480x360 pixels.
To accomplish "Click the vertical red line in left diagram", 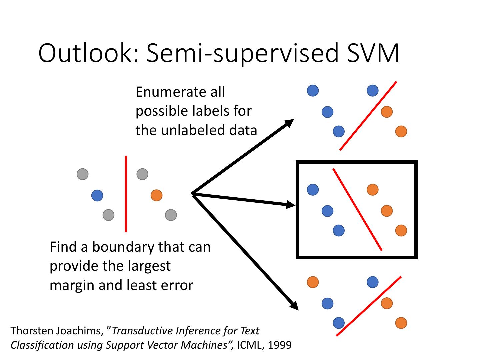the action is tap(126, 193).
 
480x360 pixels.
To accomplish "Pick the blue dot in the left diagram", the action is tap(97, 195).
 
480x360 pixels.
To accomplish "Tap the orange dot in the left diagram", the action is tap(156, 195).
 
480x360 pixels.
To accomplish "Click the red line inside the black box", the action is tap(357, 209).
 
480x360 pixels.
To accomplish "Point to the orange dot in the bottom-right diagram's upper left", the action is tap(313, 282).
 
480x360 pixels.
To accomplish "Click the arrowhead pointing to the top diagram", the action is tap(289, 123).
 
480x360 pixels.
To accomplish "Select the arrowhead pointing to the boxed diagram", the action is tap(291, 205).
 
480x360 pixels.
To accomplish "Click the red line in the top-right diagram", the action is tap(368, 116).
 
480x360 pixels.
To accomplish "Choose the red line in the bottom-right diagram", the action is tap(368, 306).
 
